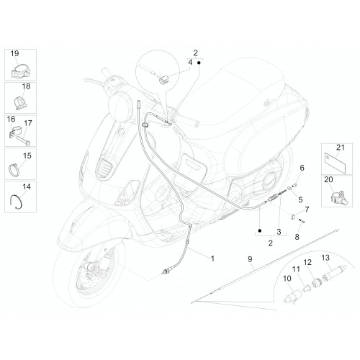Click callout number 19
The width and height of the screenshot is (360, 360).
(x=14, y=53)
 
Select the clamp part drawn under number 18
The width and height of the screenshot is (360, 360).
(x=21, y=102)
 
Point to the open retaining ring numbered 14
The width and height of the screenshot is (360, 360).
(x=17, y=201)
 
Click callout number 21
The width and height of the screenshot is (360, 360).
(x=340, y=148)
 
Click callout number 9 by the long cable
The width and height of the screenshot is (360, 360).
(x=250, y=259)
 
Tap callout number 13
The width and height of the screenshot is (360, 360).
(x=325, y=258)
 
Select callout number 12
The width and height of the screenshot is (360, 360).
(x=307, y=262)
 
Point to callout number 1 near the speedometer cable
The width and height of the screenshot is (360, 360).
(x=212, y=258)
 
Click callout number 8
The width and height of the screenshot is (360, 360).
(x=297, y=237)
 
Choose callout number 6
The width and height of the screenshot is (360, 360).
(x=302, y=168)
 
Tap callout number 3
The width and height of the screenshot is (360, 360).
(x=279, y=232)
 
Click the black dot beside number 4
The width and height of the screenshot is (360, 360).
(x=199, y=63)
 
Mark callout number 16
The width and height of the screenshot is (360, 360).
(x=11, y=119)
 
